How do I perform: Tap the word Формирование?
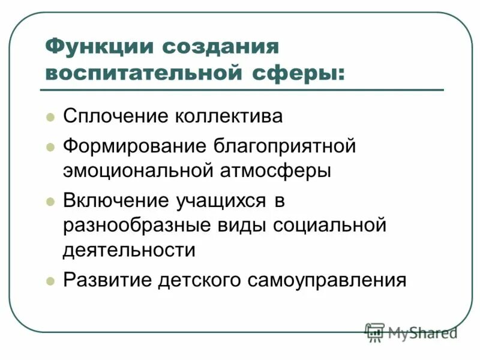pos(133,146)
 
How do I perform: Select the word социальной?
pos(329,226)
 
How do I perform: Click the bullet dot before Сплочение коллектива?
pos(50,116)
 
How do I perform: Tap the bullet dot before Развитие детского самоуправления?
pos(50,280)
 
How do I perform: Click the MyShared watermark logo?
pos(410,332)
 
